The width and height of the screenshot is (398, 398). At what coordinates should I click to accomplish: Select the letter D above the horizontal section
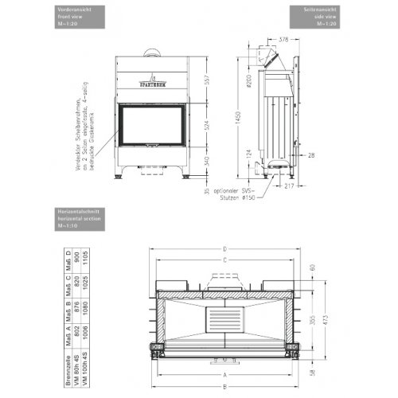point(225,248)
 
